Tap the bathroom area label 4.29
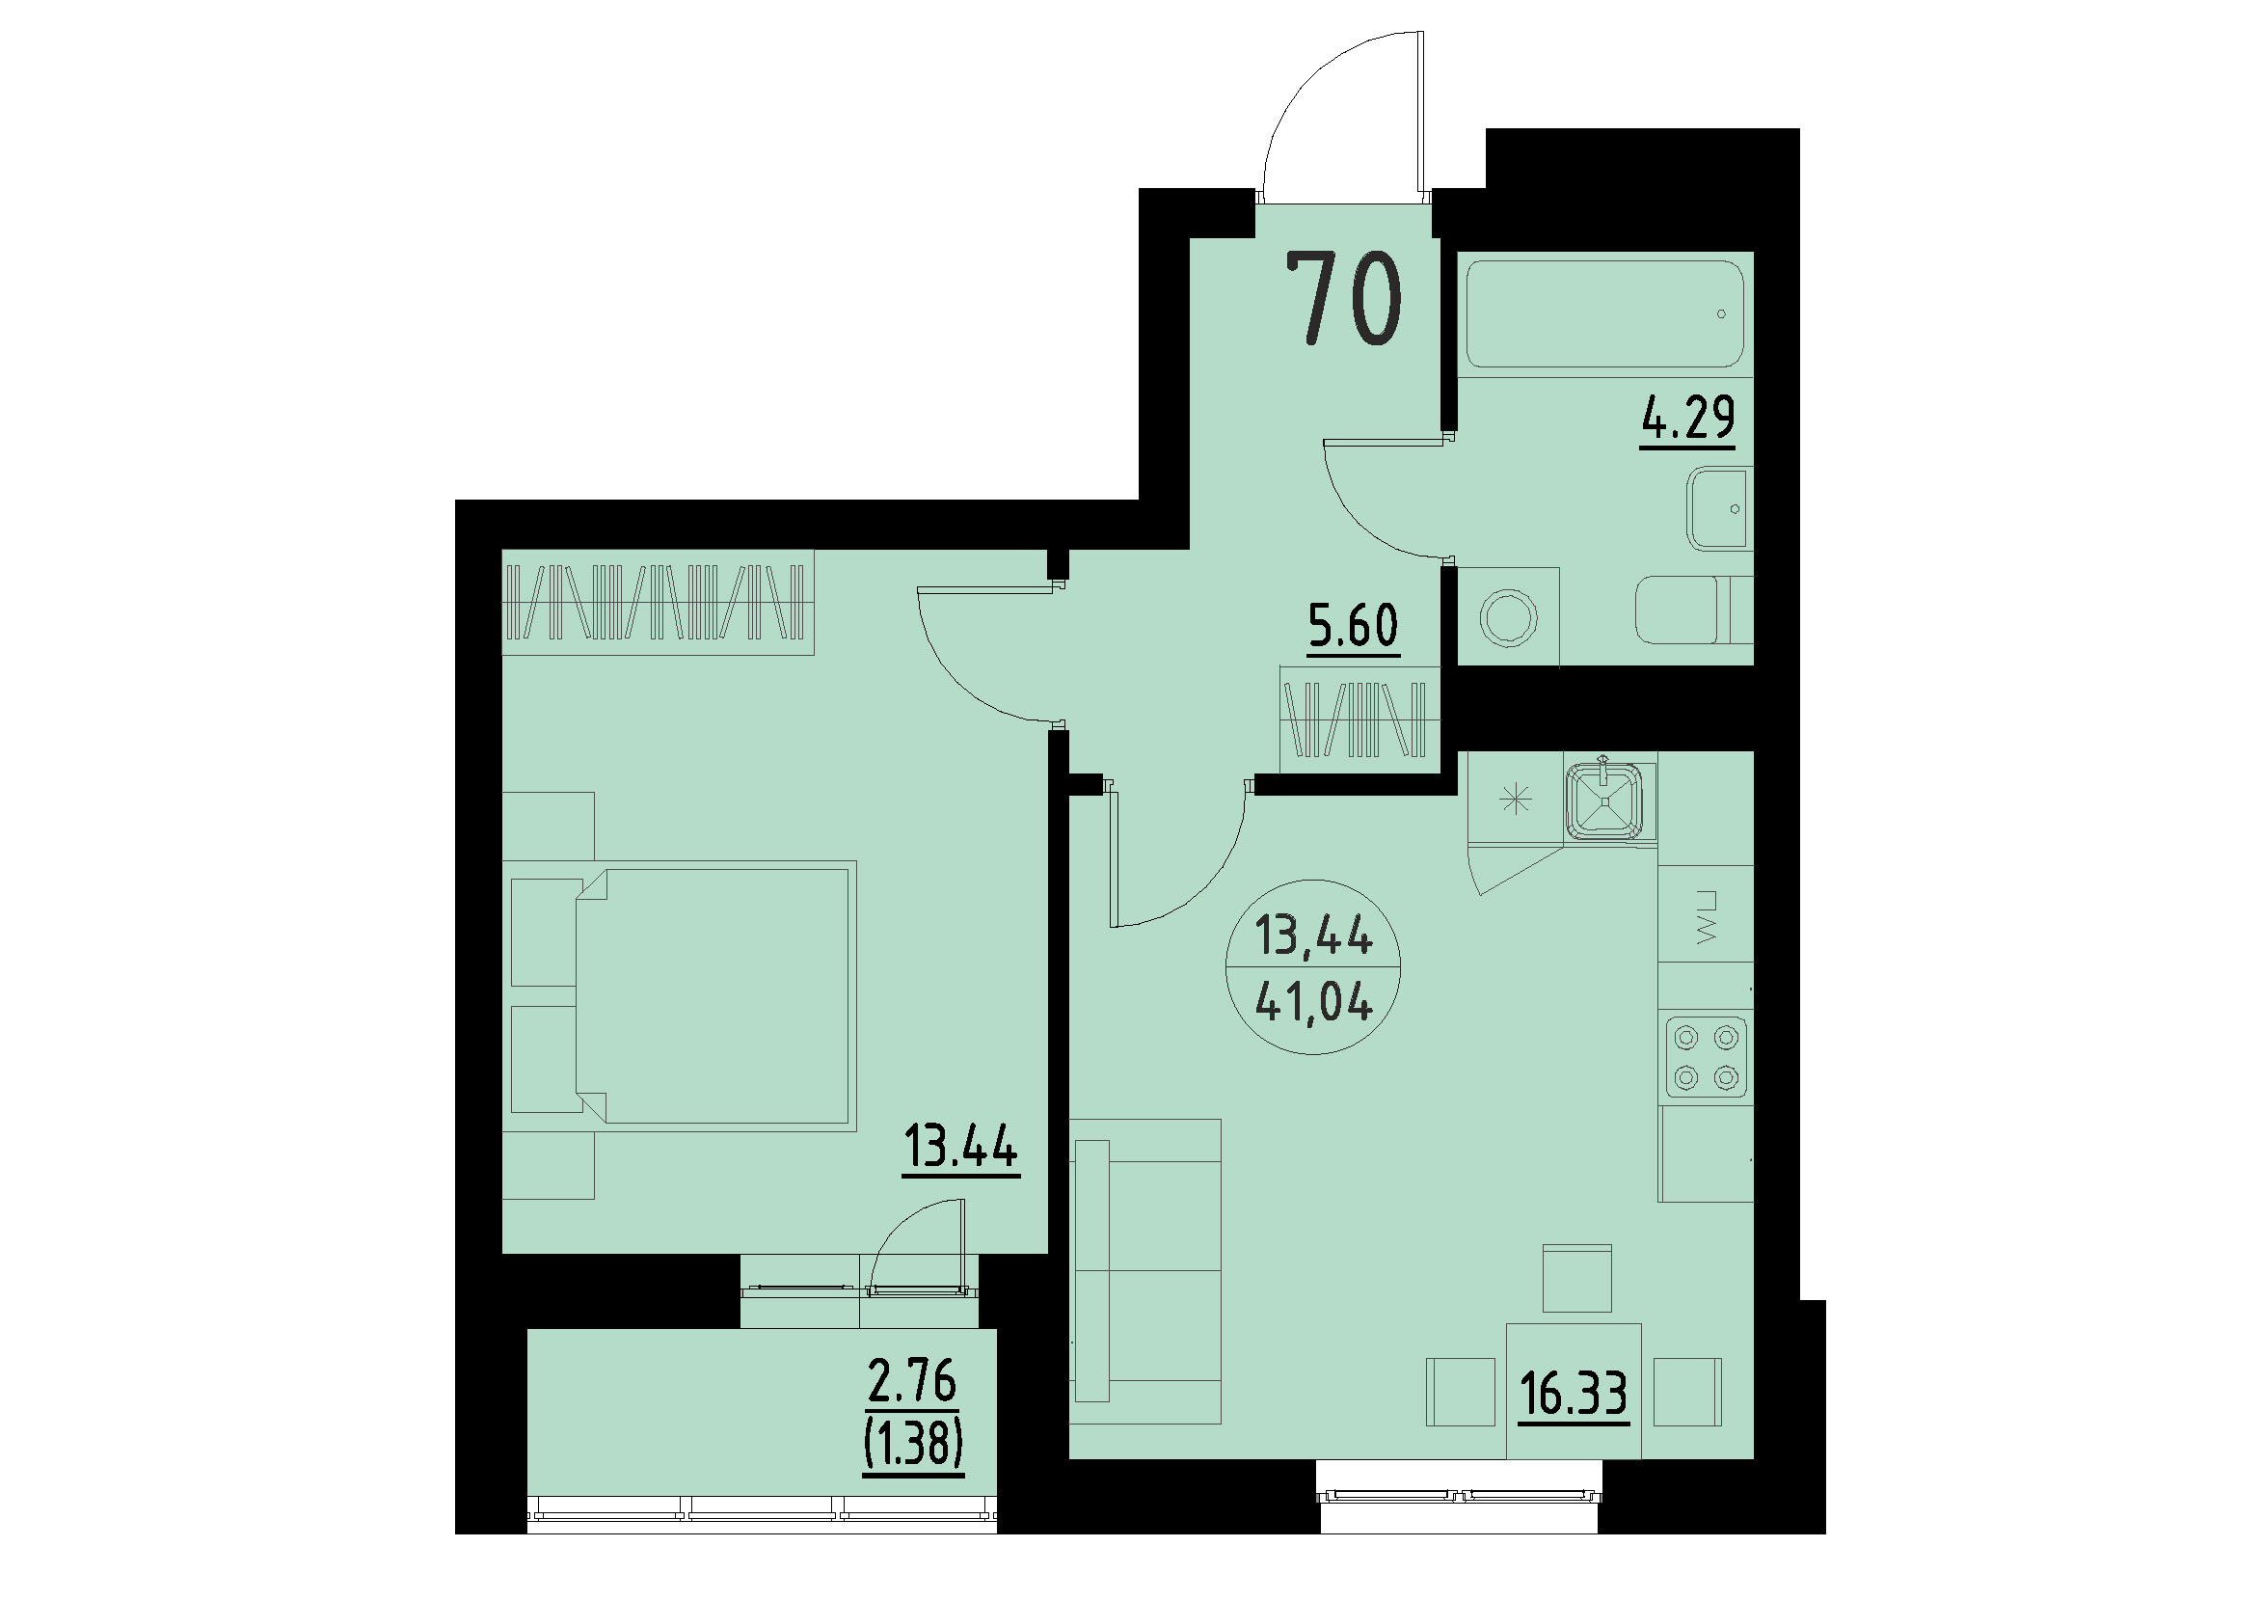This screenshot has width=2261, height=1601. [x=1686, y=417]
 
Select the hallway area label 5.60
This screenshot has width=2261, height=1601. [x=1353, y=625]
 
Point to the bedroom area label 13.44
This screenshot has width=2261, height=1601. [x=960, y=1148]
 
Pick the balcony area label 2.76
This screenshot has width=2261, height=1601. [x=912, y=1381]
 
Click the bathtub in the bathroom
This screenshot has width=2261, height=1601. [x=1603, y=313]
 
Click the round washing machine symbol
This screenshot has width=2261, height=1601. [x=1508, y=618]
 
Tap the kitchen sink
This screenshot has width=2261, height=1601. [x=1607, y=799]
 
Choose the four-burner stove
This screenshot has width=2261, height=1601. [x=1706, y=1057]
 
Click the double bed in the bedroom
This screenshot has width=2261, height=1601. [x=710, y=995]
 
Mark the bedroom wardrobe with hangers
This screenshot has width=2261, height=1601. [x=658, y=603]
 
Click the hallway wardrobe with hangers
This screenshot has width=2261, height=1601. [x=1359, y=719]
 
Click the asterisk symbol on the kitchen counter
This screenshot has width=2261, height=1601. [x=1516, y=798]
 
